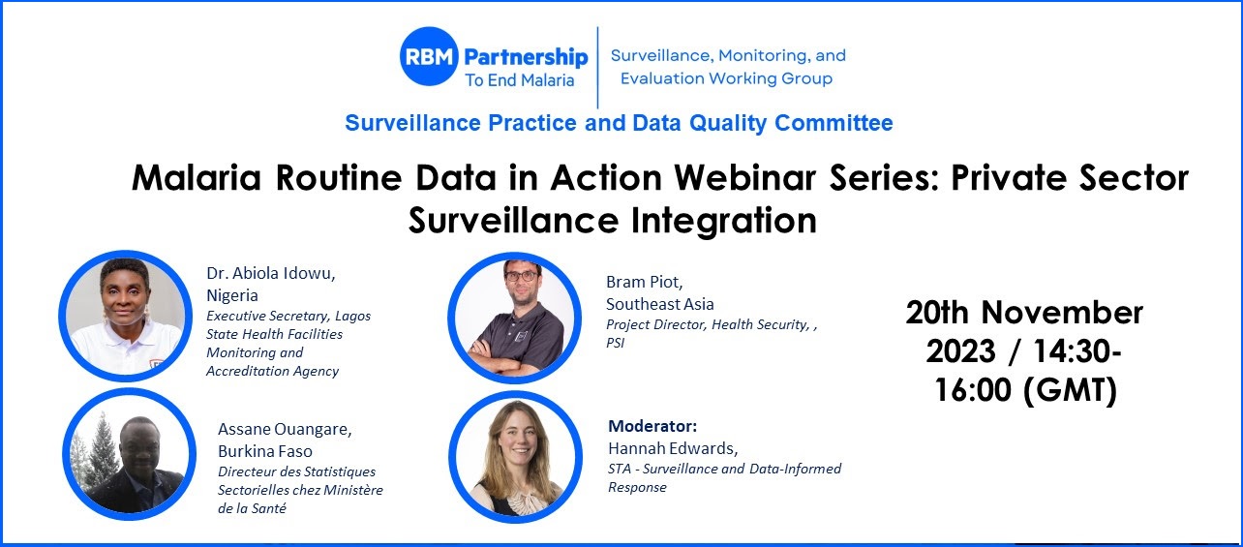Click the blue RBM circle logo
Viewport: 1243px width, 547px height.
tap(429, 56)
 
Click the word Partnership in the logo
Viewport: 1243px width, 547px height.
tap(526, 57)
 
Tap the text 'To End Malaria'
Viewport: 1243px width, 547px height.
tap(520, 80)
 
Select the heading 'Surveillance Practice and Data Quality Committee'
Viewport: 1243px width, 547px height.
tap(619, 123)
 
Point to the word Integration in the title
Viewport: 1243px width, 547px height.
tap(724, 221)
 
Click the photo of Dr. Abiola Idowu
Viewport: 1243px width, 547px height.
tap(126, 316)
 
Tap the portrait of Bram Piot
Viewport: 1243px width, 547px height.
tap(514, 318)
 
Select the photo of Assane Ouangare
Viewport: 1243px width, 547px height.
tap(130, 454)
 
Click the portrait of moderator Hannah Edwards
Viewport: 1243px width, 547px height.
tap(516, 457)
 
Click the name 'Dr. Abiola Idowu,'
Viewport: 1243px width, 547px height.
tap(271, 273)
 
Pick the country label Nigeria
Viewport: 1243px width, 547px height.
tap(232, 295)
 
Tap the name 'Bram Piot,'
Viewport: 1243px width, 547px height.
tap(645, 283)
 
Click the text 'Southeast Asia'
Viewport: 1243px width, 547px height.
tap(660, 304)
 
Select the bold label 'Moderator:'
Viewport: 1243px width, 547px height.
tap(652, 426)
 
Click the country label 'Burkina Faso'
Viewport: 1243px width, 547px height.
tap(265, 451)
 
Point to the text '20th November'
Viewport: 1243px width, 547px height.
tap(1024, 313)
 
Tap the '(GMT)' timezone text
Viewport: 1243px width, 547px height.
tap(1070, 390)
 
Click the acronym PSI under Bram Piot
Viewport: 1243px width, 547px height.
tap(616, 343)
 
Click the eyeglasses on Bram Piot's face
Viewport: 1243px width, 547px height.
tap(521, 275)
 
